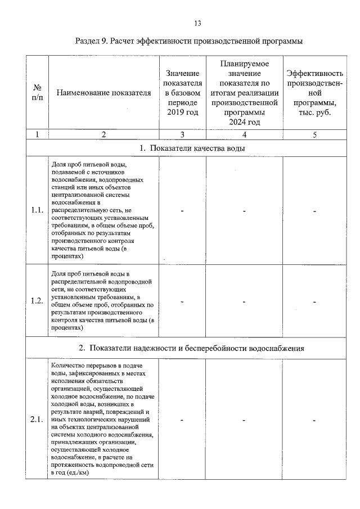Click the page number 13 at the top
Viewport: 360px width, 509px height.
click(x=197, y=23)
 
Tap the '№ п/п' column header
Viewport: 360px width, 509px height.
click(x=37, y=93)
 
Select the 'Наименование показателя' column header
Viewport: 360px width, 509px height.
click(x=104, y=93)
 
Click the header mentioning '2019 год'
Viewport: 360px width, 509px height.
click(x=183, y=93)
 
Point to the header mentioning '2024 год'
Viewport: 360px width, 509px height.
click(x=245, y=93)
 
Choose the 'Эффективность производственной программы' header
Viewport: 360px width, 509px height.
click(x=314, y=93)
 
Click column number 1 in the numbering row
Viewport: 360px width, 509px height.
click(x=37, y=134)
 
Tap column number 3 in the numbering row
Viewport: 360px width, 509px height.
click(x=183, y=134)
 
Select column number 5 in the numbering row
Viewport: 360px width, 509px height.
click(x=314, y=134)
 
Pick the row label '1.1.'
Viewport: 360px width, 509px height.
click(x=37, y=210)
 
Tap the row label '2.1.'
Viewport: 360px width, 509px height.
click(x=37, y=420)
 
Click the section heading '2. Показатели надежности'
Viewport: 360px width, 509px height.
click(x=191, y=348)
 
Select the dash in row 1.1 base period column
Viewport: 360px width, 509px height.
click(x=183, y=211)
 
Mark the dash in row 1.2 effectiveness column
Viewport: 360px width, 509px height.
click(x=314, y=301)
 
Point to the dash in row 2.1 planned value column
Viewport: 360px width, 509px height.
click(x=245, y=420)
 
